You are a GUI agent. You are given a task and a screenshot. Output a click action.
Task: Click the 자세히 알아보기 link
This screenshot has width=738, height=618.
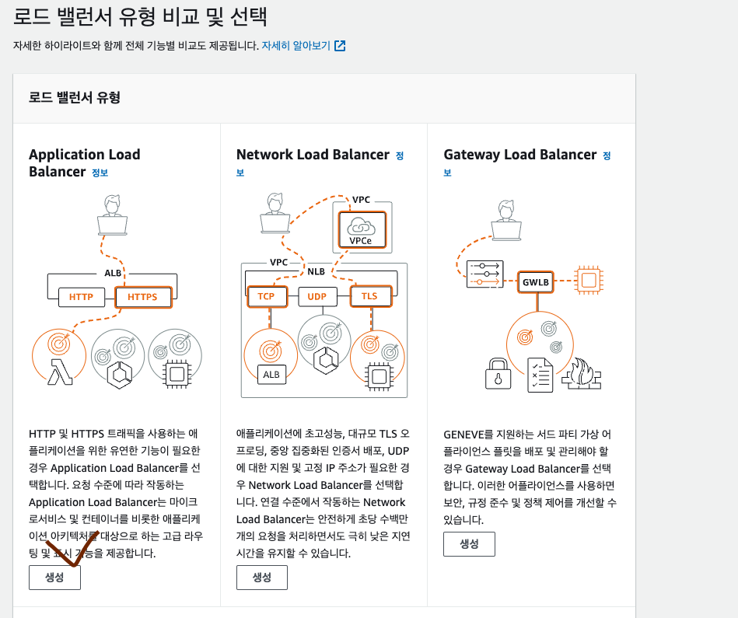click(x=296, y=45)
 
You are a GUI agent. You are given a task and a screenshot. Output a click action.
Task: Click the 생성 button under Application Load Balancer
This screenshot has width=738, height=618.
click(x=54, y=578)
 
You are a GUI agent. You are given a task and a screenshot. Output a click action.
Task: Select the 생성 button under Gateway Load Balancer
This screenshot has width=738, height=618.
click(x=469, y=544)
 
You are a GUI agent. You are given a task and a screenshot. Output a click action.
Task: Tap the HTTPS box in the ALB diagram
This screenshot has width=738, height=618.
click(x=142, y=297)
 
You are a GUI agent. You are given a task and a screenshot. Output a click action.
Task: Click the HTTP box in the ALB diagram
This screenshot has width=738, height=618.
click(x=81, y=297)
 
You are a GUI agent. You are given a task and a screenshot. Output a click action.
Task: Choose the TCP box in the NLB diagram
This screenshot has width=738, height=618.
click(x=266, y=296)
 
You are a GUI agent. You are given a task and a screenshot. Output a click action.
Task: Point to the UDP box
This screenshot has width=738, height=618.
click(x=317, y=296)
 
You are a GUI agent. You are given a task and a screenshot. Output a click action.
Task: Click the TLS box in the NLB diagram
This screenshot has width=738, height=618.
click(x=369, y=296)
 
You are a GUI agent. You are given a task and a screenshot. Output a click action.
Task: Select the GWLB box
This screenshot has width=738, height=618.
click(x=537, y=281)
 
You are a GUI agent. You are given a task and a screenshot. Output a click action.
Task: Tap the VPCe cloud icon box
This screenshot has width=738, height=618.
click(x=361, y=229)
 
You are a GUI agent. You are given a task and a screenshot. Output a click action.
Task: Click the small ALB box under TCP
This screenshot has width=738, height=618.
click(x=271, y=375)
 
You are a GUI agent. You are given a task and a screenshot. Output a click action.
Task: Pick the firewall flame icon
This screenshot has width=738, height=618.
click(x=580, y=373)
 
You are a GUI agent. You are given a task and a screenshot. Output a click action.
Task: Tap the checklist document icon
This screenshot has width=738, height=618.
click(x=539, y=373)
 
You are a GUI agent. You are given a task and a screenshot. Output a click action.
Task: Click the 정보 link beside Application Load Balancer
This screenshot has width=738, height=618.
click(x=100, y=173)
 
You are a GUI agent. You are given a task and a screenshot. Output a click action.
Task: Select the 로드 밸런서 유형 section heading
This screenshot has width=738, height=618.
click(x=75, y=98)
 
